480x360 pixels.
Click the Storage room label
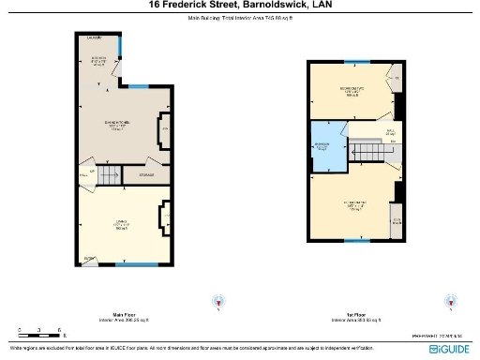[147, 174]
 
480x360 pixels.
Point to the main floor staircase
[111, 172]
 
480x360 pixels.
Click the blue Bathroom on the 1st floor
[324, 148]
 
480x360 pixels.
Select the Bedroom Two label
[352, 90]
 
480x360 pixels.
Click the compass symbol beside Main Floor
[221, 302]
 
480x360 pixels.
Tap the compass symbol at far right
[452, 302]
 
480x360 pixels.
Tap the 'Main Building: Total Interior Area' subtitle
[240, 18]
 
